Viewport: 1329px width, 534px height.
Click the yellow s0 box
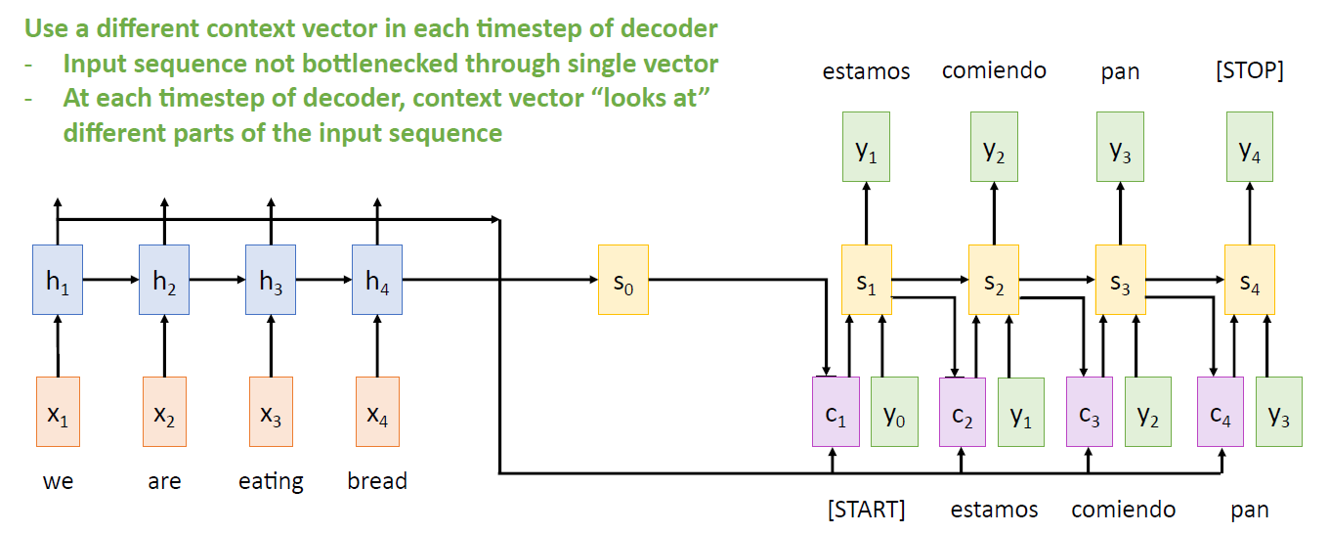tap(623, 280)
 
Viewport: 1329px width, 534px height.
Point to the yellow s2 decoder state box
tap(994, 280)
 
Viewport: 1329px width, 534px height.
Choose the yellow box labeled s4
tap(1249, 280)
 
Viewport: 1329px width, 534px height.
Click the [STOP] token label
tap(1250, 71)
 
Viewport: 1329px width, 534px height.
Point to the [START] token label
tap(866, 510)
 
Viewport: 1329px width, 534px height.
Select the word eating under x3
tap(271, 482)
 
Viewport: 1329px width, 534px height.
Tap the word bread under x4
tap(377, 482)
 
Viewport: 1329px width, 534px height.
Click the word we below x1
tap(58, 482)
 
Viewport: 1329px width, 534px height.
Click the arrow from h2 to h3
tap(217, 280)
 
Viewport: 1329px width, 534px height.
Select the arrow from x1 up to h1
tap(58, 346)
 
